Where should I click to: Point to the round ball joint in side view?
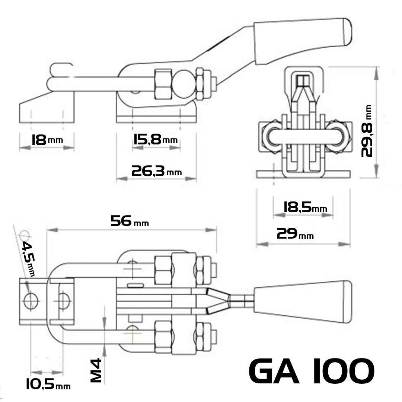[x=184, y=85]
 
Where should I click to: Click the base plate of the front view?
[x=303, y=174]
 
